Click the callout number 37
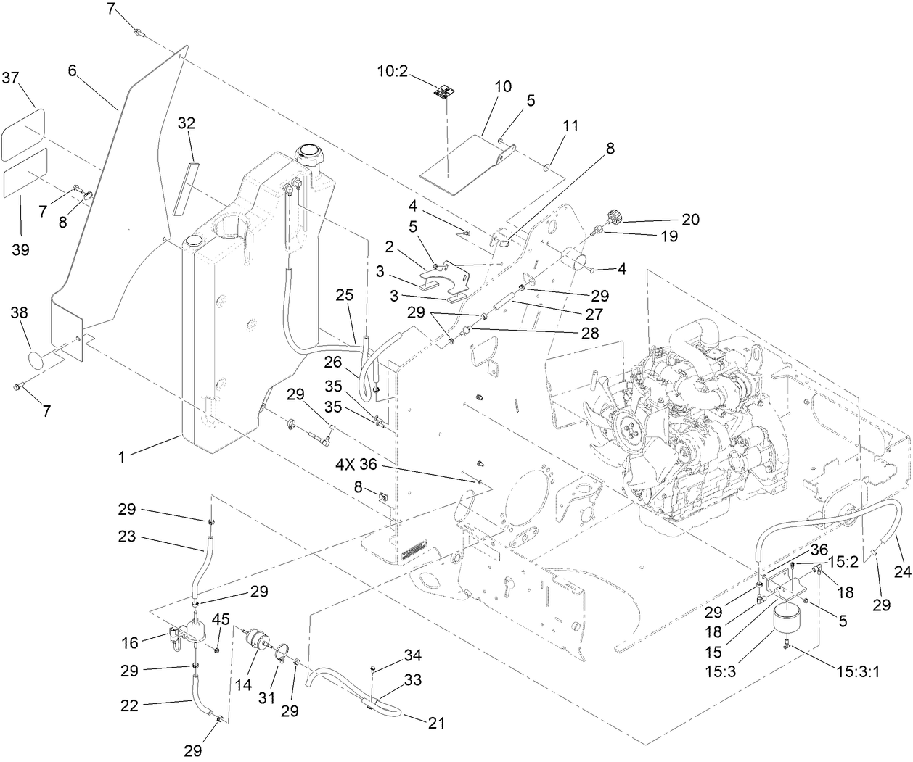point(11,77)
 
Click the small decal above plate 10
point(444,91)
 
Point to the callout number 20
point(690,218)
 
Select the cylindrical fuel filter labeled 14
point(257,642)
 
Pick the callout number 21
point(437,722)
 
